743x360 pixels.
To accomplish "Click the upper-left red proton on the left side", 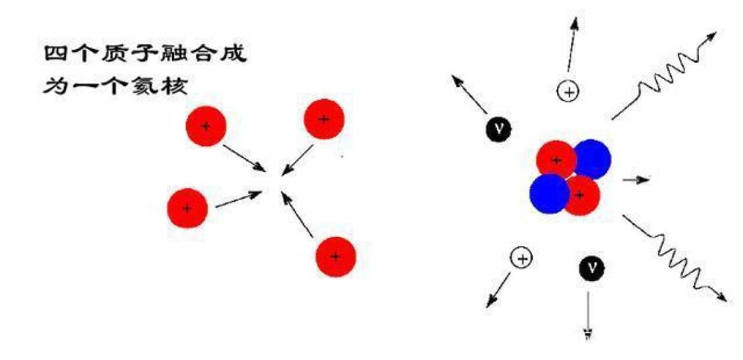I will click(206, 126).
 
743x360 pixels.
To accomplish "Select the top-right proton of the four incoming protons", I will click(324, 120).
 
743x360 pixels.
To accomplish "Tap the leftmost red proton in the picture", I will click(187, 208).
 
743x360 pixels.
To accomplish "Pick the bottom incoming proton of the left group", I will click(336, 256).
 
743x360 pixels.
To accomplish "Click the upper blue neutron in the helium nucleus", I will click(592, 159).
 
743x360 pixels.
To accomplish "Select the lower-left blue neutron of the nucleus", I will click(549, 194).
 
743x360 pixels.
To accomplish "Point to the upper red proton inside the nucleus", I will click(556, 160).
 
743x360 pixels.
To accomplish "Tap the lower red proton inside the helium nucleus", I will click(580, 195).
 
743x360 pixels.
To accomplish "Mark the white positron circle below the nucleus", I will click(522, 258).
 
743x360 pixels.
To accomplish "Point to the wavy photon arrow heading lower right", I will click(672, 258).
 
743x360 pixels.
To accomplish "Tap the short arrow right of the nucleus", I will click(635, 180).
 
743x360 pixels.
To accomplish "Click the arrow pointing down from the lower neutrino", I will click(589, 314).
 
